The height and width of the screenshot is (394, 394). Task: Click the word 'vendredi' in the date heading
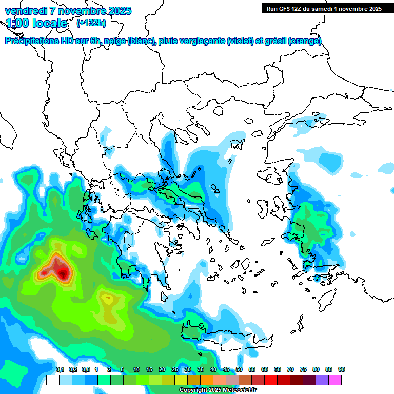pos(24,11)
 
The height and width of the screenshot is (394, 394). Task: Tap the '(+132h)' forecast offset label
pos(91,23)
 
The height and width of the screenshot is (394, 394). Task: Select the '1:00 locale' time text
pos(36,23)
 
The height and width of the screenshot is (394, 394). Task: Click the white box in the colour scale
pos(52,380)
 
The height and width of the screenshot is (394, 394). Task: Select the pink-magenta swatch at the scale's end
pos(335,380)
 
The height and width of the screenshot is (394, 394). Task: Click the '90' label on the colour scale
pos(342,369)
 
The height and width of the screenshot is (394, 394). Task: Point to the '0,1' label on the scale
pos(60,369)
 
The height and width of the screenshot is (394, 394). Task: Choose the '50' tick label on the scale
pos(239,369)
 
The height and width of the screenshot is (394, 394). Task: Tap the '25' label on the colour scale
pos(175,369)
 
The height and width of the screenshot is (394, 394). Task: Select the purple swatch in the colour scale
pos(322,380)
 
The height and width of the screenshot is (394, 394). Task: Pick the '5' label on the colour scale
pos(122,369)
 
